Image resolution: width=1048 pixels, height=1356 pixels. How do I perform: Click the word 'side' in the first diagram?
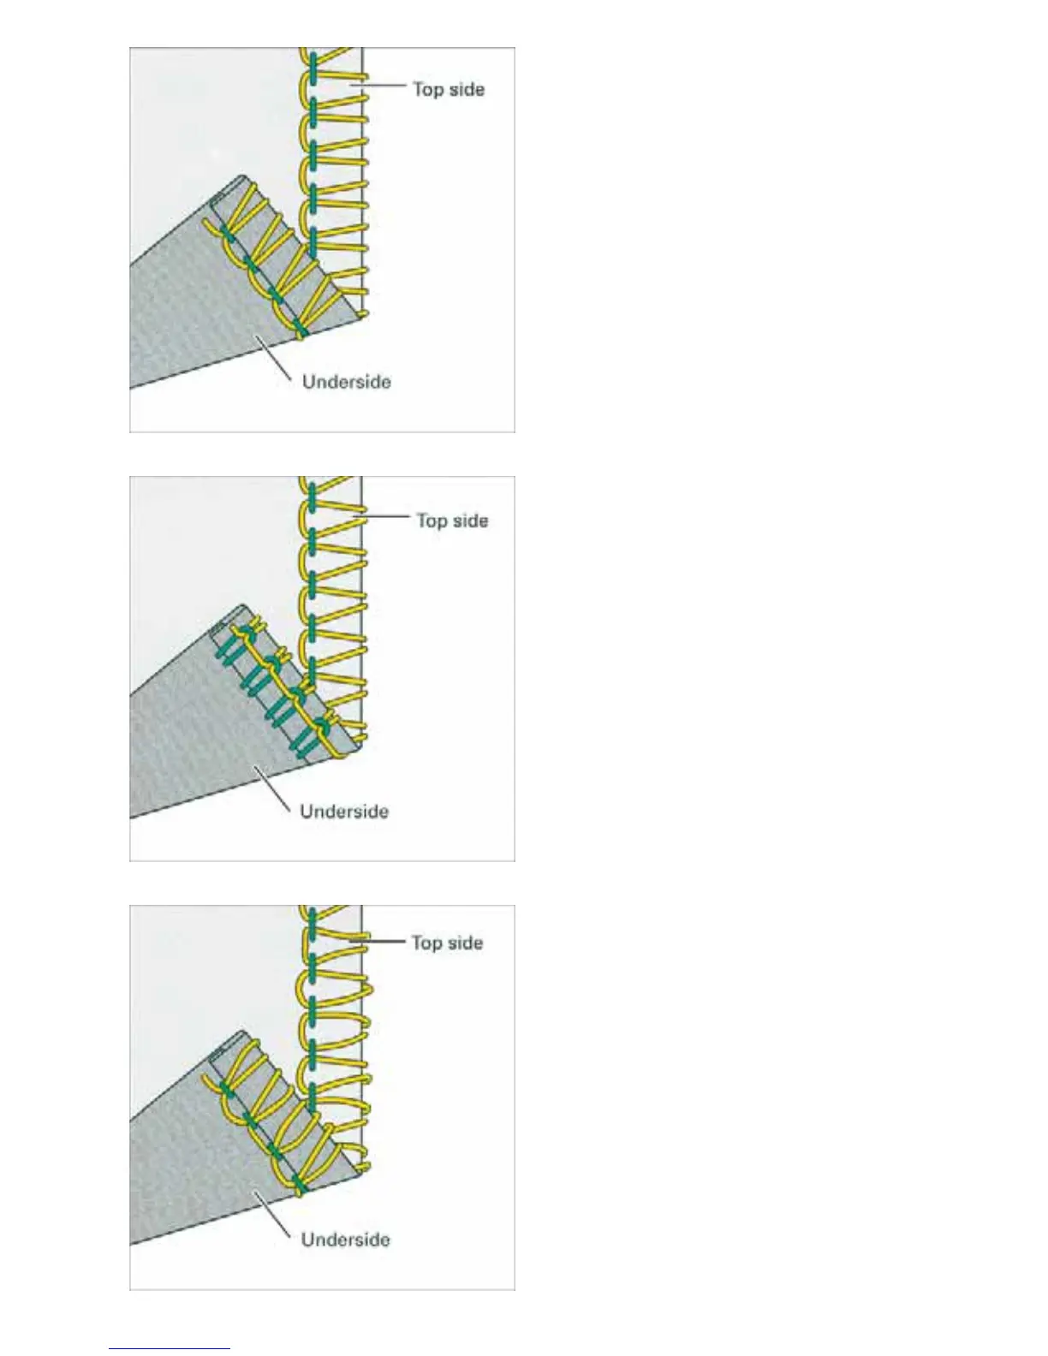[x=466, y=89]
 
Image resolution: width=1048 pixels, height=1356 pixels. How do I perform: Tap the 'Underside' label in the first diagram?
[x=347, y=382]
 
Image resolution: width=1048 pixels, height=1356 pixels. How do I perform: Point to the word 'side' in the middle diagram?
[x=470, y=520]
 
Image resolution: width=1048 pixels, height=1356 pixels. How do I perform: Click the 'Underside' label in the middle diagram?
[x=344, y=812]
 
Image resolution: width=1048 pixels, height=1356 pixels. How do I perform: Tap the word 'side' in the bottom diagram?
[x=465, y=943]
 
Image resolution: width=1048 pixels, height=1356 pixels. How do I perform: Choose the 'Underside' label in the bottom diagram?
[x=345, y=1240]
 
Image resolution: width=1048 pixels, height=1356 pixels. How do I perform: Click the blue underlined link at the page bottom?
[x=170, y=1348]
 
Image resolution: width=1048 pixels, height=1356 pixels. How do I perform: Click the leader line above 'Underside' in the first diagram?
[x=274, y=357]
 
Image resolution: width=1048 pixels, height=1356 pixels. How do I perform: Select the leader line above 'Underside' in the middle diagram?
[x=272, y=788]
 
